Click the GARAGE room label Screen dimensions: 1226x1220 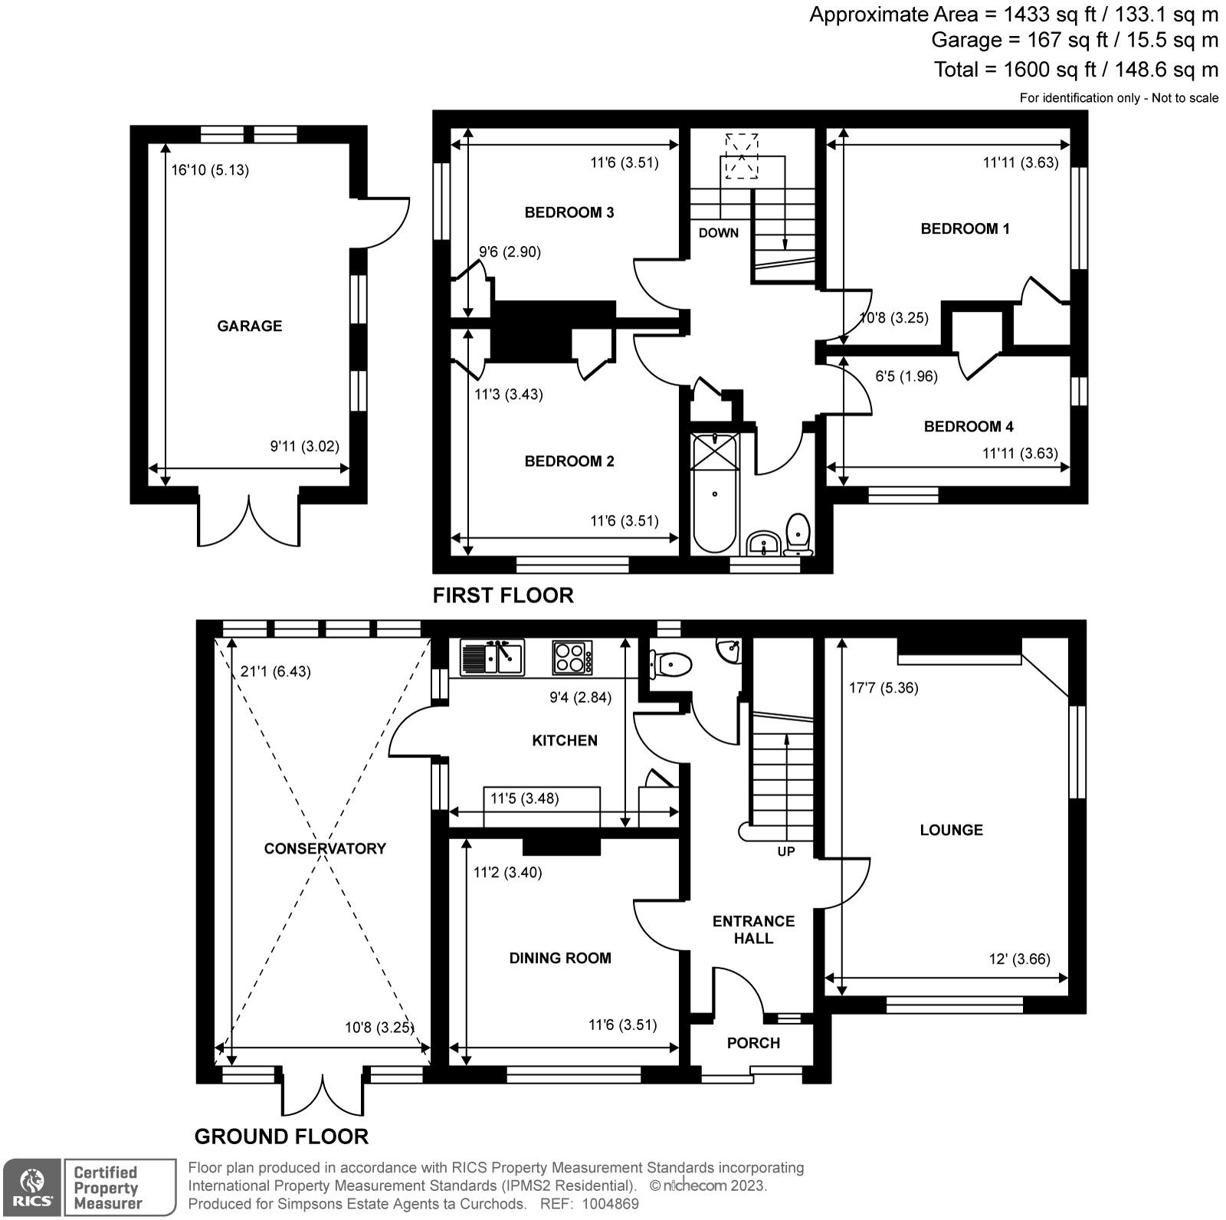point(249,326)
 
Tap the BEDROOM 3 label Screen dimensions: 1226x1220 point(569,212)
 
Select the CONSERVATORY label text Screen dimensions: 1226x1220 point(325,848)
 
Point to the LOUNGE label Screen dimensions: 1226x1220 point(951,829)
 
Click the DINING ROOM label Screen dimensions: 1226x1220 point(560,958)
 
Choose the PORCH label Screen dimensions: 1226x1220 point(753,1043)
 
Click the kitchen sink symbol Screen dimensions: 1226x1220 point(492,658)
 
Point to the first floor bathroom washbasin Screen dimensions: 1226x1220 point(762,543)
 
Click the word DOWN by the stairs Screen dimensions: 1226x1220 point(718,233)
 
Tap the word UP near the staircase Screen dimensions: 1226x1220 point(786,851)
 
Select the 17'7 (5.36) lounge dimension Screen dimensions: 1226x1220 point(883,687)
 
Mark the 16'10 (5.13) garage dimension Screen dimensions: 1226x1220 point(210,170)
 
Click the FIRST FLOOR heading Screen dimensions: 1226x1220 point(503,595)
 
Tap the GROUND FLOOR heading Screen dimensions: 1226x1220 point(281,1136)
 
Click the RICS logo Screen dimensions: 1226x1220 point(31,1187)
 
